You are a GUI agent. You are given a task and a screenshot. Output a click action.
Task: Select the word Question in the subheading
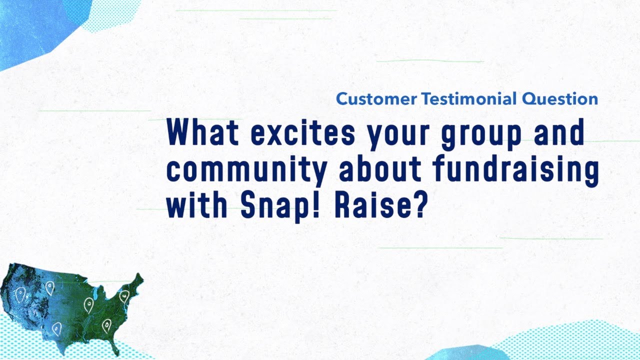[560, 99]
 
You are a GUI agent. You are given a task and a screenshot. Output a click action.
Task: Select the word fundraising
[516, 171]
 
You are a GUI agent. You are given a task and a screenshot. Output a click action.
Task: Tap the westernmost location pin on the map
[20, 295]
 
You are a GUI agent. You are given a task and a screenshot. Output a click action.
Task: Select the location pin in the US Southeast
[106, 326]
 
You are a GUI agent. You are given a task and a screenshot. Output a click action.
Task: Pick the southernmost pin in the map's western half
[56, 328]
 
